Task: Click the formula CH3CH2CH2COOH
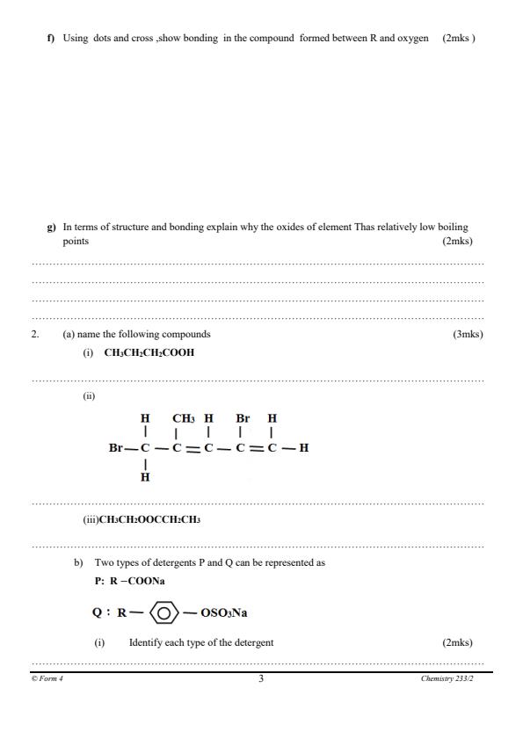tap(149, 353)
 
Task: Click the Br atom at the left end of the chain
tap(116, 448)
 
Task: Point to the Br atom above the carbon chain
tap(243, 419)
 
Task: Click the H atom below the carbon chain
tap(145, 477)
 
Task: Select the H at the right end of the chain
tap(304, 448)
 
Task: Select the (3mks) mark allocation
tap(468, 335)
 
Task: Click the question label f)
tap(50, 39)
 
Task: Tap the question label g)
tap(50, 227)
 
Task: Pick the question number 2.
tap(35, 335)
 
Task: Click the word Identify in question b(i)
tap(148, 642)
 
